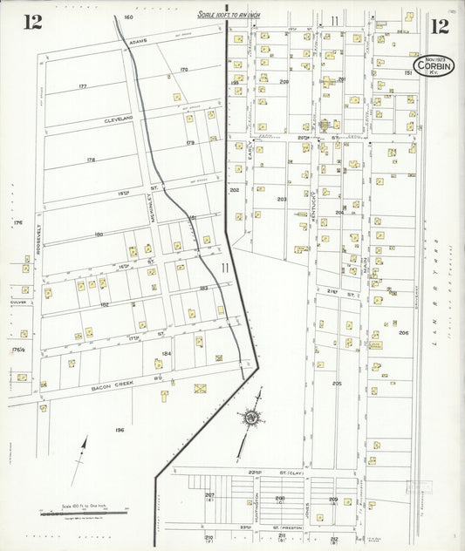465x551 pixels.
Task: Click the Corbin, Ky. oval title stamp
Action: [x=433, y=65]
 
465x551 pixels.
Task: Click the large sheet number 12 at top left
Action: [x=32, y=23]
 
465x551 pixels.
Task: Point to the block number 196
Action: [x=119, y=429]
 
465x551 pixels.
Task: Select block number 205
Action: [x=337, y=383]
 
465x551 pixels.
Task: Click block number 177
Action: [x=83, y=85]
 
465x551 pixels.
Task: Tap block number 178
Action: [x=90, y=160]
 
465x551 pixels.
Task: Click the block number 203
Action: [x=281, y=199]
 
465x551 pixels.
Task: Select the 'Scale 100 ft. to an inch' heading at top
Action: [x=229, y=14]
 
